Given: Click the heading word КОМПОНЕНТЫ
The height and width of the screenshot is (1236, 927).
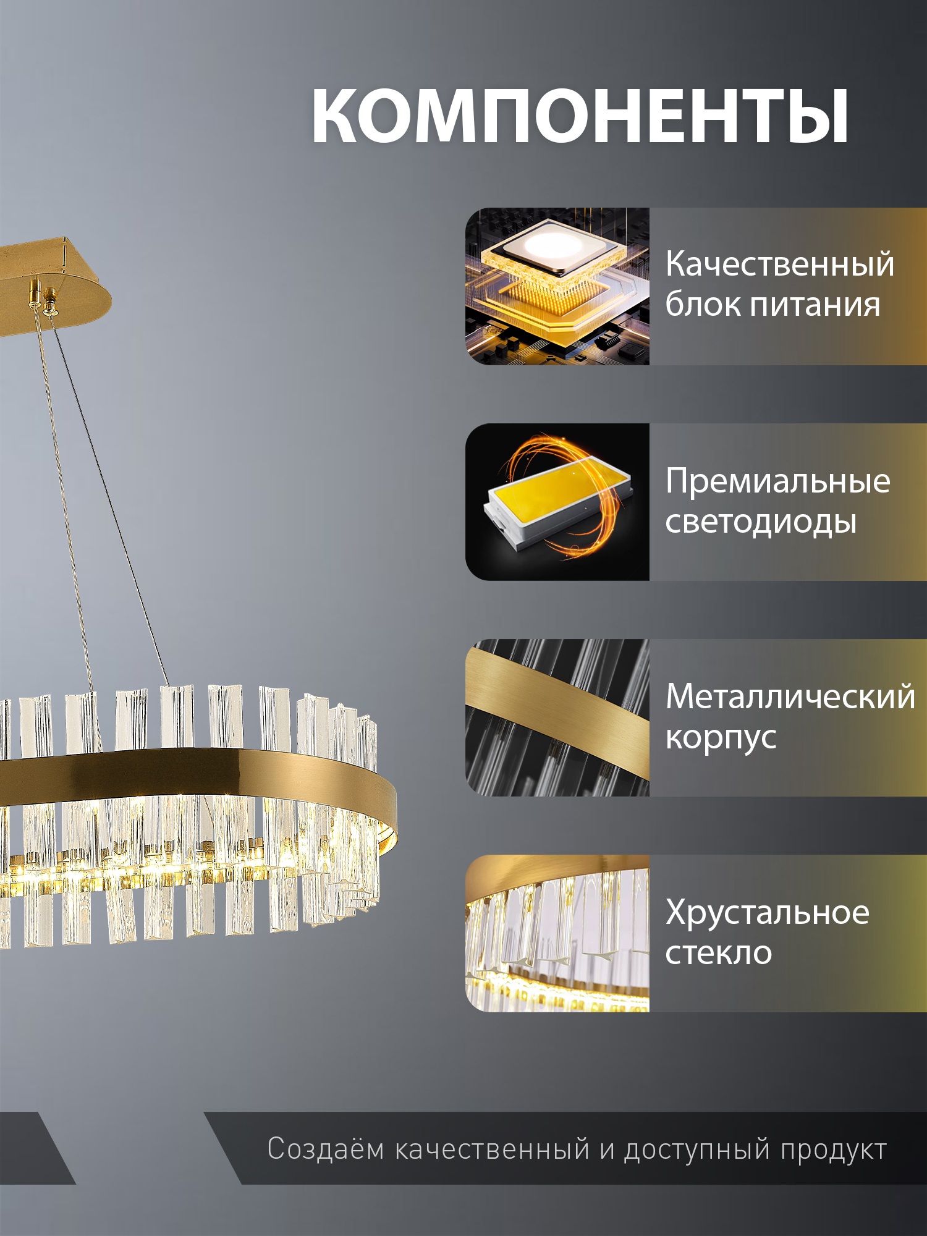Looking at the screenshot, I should point(580,116).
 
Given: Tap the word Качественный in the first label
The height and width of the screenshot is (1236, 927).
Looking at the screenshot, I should point(780,265).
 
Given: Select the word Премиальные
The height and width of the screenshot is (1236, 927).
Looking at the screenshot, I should point(777,481).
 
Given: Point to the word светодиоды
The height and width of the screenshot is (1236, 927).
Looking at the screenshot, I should point(761,522).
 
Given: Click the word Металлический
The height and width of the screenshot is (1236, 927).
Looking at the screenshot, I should point(790,696).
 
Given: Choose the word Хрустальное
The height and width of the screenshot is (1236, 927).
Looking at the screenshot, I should point(767,912).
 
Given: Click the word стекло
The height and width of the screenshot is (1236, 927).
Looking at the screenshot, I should point(719,953).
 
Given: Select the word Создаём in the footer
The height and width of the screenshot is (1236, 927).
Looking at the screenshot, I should point(326,1149).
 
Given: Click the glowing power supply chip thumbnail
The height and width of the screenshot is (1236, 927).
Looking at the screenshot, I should point(557,286).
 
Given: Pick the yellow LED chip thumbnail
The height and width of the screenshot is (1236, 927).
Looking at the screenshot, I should point(557,502).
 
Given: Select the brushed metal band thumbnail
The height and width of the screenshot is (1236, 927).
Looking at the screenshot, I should point(557,717).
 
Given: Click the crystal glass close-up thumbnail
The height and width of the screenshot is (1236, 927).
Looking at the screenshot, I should point(557,933).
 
